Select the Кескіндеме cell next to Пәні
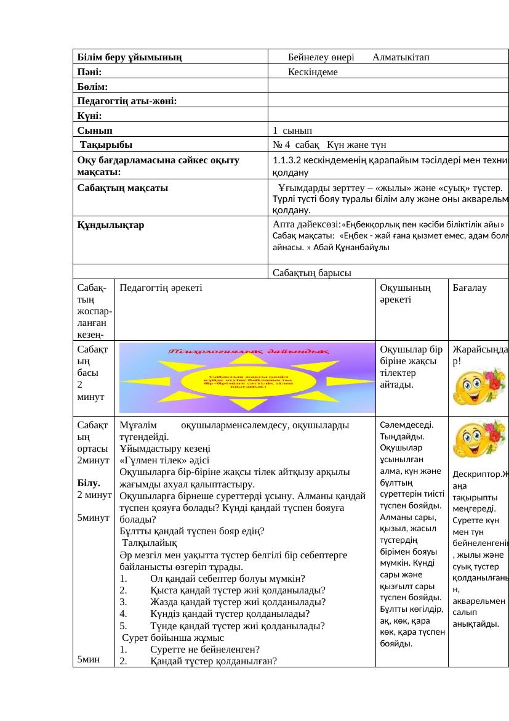[x=313, y=72]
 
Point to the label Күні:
[x=90, y=116]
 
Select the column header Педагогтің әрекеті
[x=160, y=287]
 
